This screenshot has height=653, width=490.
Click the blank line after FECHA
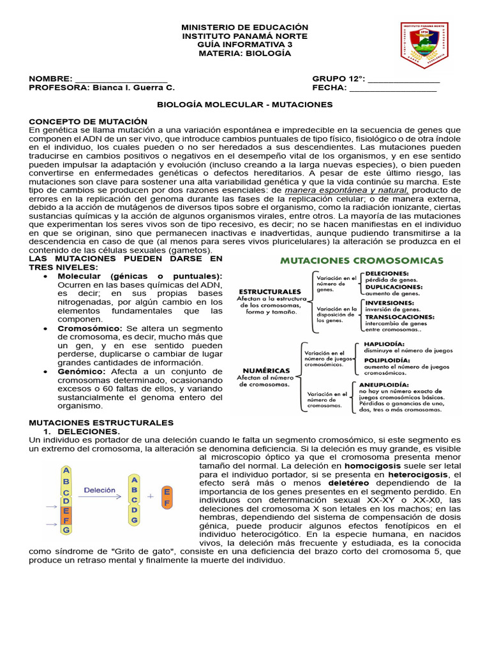point(393,88)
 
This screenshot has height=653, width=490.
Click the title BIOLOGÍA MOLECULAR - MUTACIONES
point(245,104)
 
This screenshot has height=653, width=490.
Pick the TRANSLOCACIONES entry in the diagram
point(399,316)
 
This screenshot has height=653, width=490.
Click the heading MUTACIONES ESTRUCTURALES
point(101,422)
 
